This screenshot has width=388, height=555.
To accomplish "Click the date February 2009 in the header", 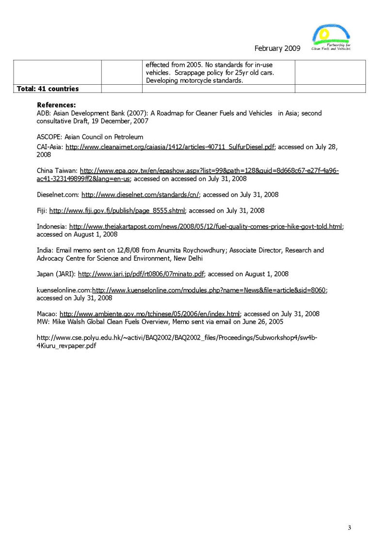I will [x=277, y=48].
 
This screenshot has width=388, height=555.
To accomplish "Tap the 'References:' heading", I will [x=56, y=105].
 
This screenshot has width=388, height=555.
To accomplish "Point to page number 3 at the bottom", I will [x=349, y=527].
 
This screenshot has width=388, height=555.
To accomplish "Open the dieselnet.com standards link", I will [x=141, y=195].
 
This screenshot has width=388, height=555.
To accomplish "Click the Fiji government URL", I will [x=117, y=211].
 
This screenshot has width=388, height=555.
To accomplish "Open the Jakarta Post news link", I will [x=206, y=227].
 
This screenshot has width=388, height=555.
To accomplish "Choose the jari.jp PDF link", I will [x=141, y=274].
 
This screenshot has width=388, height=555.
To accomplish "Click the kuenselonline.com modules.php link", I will [x=210, y=290].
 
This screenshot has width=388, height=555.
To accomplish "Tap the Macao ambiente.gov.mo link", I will [x=150, y=314].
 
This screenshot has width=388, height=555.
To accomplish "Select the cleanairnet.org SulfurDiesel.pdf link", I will [x=170, y=147].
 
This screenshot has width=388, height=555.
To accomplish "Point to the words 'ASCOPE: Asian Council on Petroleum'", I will [x=90, y=137].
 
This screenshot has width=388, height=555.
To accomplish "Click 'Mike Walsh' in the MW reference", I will [x=68, y=322].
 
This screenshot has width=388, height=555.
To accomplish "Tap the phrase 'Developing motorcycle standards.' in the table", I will [x=194, y=80].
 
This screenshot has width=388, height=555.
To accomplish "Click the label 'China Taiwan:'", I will [x=57, y=171].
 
